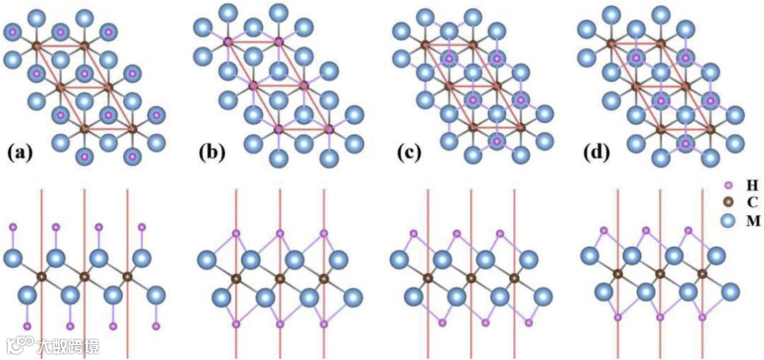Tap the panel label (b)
click(214, 153)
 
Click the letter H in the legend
click(753, 185)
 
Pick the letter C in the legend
click(753, 203)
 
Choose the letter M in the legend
click(753, 221)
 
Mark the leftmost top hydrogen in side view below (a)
click(13, 228)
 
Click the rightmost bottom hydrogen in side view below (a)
click(156, 326)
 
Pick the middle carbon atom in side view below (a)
click(85, 277)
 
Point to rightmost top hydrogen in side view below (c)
click(499, 233)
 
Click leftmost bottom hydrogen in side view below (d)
click(618, 318)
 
